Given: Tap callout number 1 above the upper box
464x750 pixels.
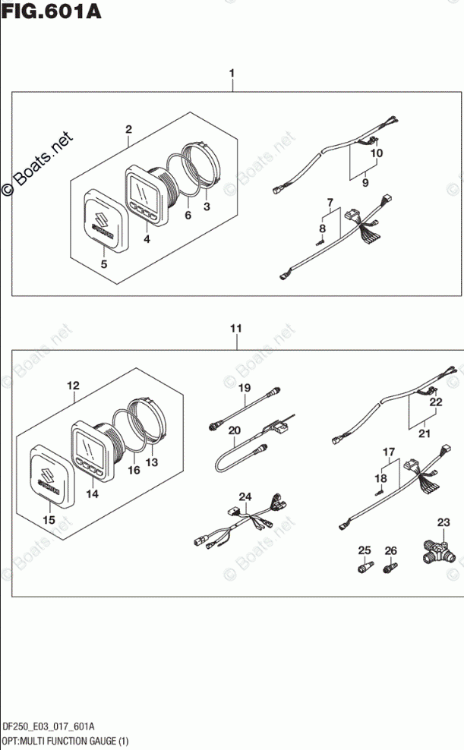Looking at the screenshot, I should coord(232,74).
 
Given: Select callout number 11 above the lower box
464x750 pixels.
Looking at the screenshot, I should coord(236,329).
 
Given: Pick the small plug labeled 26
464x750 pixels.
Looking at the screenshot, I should coord(390,566).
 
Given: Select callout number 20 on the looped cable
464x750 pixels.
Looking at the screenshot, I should coord(235,430).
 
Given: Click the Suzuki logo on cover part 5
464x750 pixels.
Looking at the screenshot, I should coord(101,223).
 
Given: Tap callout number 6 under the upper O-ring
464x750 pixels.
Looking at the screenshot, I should coord(188,216).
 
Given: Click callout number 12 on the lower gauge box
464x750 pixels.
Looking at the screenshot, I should coord(73,386).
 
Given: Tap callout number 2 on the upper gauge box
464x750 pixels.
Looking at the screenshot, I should coord(128,129).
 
